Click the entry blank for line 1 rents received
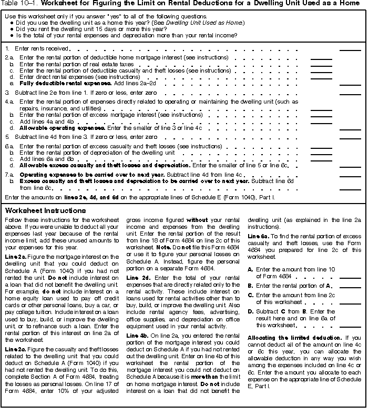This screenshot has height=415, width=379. [350, 49]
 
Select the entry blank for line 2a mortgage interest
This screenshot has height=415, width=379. [321, 58]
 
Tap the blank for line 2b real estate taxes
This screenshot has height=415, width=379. [321, 64]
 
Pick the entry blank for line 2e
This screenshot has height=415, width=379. [350, 84]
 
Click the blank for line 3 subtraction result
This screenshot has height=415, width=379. [350, 93]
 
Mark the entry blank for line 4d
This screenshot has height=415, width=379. [350, 129]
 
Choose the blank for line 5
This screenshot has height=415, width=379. [350, 138]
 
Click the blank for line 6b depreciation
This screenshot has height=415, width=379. [321, 154]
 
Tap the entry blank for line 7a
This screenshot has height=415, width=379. [350, 176]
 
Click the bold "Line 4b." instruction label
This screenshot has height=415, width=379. [138, 336]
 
